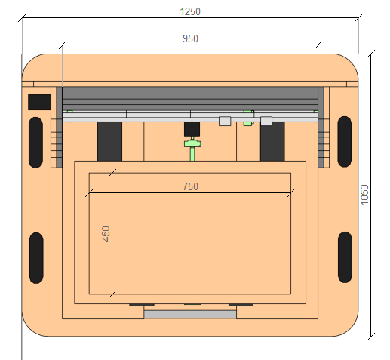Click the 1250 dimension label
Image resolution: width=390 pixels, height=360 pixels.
190,11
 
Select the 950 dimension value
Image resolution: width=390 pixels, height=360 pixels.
190,38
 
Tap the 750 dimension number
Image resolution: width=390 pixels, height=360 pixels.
190,186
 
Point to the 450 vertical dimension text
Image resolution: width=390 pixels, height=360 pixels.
106,234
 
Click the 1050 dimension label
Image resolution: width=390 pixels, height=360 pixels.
364,195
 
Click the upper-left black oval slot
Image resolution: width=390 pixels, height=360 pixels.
35,143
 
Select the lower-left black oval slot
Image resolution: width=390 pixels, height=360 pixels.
36,258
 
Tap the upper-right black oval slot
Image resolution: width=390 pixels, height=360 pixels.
344,142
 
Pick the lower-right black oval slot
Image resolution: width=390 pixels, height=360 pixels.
345,257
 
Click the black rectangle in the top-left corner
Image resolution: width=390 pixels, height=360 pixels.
39,102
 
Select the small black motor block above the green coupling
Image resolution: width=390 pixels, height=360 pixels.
192,129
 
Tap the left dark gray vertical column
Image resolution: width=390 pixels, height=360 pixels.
109,141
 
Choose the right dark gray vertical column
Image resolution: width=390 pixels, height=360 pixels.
272,141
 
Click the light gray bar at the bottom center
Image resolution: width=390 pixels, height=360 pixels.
190,315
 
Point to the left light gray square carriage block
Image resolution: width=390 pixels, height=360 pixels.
225,121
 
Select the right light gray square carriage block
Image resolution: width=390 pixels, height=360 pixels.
266,121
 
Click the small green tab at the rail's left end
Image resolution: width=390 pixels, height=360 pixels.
69,112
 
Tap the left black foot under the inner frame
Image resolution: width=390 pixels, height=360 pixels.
142,305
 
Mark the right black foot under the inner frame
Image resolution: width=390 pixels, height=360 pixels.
241,305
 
